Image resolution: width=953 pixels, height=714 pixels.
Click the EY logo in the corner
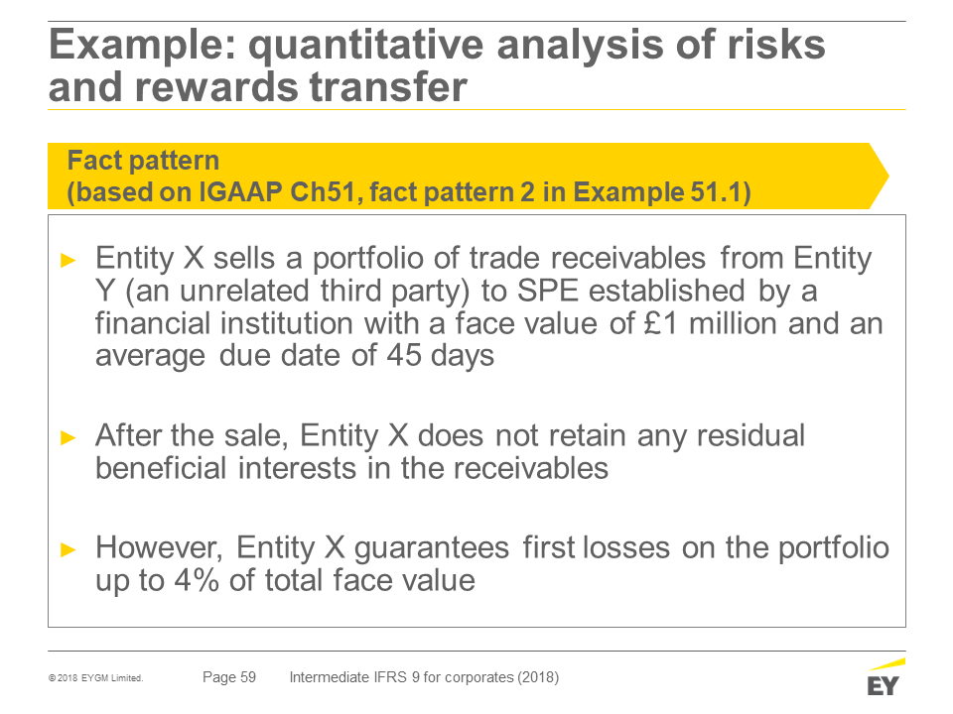[x=885, y=677]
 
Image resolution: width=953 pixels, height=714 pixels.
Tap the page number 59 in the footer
[x=248, y=677]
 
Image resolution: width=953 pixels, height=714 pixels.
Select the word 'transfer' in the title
[x=388, y=87]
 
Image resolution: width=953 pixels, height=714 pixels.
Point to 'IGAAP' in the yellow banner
[x=240, y=191]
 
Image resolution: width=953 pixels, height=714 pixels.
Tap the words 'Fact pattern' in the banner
[x=143, y=161]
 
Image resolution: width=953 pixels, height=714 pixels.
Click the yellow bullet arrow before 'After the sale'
[x=68, y=437]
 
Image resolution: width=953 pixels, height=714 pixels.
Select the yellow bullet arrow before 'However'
[x=68, y=549]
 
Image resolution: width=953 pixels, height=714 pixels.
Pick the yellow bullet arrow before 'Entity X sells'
[x=68, y=261]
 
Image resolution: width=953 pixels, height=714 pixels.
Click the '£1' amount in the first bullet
[x=660, y=323]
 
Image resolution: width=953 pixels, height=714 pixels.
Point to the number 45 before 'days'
[x=404, y=355]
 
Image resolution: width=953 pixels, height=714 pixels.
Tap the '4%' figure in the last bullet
[x=197, y=580]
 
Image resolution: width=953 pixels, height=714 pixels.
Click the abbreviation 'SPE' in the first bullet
[x=548, y=291]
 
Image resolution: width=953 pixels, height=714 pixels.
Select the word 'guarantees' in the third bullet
[x=432, y=548]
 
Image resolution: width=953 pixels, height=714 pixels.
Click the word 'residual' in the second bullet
[x=750, y=435]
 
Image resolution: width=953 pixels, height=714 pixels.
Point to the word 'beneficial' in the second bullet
[x=161, y=468]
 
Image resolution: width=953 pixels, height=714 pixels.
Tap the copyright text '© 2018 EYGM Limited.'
[x=96, y=678]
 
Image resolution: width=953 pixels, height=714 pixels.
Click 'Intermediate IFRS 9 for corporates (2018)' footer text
[x=424, y=677]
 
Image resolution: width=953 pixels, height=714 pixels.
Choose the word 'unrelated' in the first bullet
[x=245, y=291]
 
